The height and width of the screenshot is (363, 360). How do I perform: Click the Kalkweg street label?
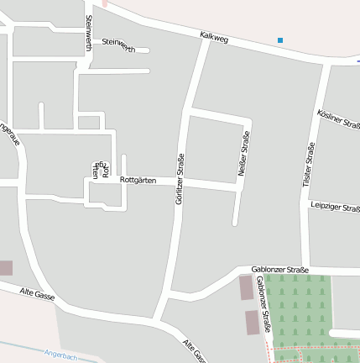click(214, 38)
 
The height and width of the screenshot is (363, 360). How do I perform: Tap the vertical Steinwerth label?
click(88, 32)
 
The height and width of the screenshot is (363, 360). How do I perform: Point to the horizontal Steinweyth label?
click(117, 44)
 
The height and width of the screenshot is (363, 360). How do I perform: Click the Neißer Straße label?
click(244, 153)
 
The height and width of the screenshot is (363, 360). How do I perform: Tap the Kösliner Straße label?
click(339, 118)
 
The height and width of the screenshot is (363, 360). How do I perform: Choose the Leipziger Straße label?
click(334, 207)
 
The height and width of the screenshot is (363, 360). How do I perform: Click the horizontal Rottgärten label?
click(138, 180)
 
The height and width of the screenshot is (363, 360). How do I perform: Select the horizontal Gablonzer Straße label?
click(279, 270)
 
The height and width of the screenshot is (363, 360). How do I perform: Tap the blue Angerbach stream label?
click(60, 355)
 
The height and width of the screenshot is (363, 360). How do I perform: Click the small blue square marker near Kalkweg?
click(280, 39)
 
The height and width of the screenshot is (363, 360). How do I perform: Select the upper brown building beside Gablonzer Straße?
click(246, 287)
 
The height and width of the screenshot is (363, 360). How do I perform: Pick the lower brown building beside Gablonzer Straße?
click(252, 322)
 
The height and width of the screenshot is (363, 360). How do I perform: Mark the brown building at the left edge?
click(5, 268)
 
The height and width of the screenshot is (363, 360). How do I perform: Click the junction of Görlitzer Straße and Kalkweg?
click(206, 41)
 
